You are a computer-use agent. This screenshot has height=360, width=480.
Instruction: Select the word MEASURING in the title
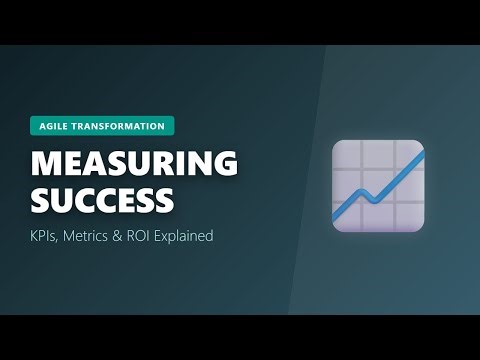(133, 163)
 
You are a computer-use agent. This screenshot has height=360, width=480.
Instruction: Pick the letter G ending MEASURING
(225, 163)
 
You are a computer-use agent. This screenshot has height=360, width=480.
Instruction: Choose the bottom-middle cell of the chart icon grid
(379, 217)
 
